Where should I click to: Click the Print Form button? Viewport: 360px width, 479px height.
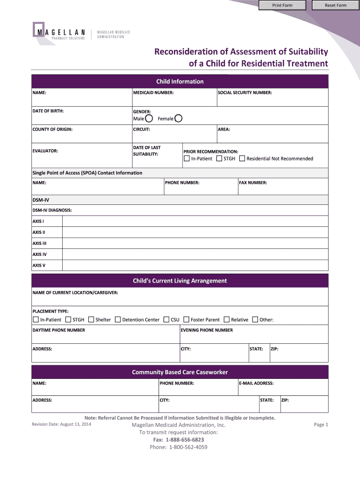(282, 5)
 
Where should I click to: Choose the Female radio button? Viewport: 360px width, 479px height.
(178, 118)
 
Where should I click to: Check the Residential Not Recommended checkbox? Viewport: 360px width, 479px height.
(242, 159)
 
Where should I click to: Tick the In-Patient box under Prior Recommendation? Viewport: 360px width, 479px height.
(187, 159)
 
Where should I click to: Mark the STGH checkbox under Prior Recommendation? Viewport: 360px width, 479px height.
(219, 159)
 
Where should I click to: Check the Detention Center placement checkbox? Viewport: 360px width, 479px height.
(118, 319)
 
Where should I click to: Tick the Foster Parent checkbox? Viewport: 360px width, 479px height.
(187, 319)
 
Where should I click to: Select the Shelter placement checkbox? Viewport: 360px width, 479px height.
(91, 319)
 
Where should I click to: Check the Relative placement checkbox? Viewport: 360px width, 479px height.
(227, 319)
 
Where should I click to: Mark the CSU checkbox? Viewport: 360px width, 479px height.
(166, 319)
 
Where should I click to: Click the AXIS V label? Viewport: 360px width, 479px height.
(39, 265)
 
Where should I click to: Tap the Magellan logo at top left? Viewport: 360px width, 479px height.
(58, 31)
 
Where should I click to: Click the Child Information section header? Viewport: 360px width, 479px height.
(180, 81)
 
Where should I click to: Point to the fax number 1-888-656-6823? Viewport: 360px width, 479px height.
(185, 440)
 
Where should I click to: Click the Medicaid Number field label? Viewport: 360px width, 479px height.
(153, 93)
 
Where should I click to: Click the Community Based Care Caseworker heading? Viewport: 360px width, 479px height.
(180, 372)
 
